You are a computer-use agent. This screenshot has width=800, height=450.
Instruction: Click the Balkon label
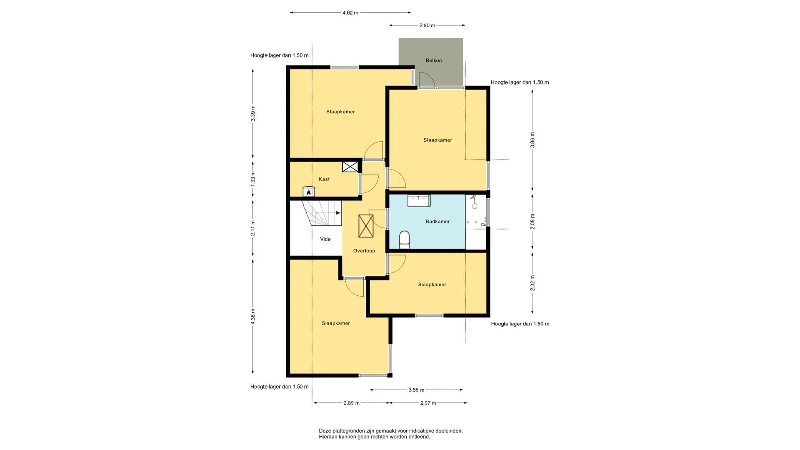pos(434,60)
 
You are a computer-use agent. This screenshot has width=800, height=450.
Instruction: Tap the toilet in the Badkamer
pos(405,240)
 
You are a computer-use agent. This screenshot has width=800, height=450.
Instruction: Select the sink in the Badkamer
pos(419,200)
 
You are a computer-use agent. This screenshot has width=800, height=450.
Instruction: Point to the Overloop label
pos(364,251)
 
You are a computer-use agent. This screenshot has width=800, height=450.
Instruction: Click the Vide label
pos(325,239)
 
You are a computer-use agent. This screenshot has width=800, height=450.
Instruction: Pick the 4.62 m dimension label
pos(350,13)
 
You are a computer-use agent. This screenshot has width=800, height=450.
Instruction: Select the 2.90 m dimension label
pos(427,25)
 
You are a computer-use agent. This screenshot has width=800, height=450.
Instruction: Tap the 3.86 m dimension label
pos(532,140)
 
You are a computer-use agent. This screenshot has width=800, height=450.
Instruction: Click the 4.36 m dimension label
pos(253,317)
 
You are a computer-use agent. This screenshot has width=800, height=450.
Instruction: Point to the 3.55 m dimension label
pos(416,390)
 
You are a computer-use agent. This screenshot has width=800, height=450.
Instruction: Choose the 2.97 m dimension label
pos(428,403)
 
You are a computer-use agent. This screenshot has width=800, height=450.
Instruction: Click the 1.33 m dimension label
pos(253,178)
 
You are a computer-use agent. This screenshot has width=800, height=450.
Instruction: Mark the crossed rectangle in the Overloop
pos(366,226)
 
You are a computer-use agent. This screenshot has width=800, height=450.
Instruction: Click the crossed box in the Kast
pos(350,167)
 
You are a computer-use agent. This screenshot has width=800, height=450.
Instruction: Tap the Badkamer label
pos(438,222)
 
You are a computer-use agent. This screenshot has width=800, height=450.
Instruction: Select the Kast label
pos(324,179)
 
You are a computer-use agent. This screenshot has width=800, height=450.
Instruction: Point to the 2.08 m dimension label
pos(532,221)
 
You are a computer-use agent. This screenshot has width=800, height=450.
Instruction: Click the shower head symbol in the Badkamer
pos(474,202)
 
